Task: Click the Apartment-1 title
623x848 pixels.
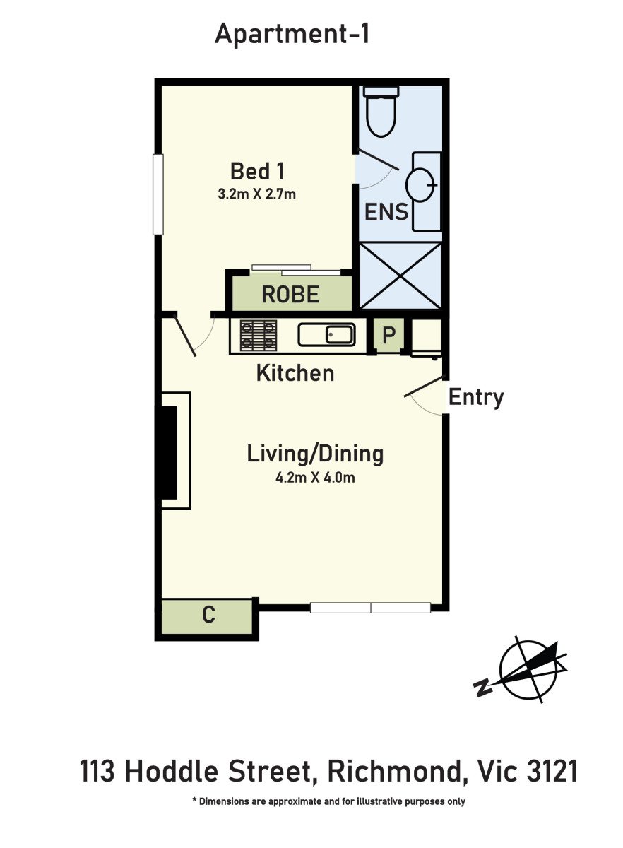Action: pos(292,34)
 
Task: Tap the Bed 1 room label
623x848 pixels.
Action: pos(257,171)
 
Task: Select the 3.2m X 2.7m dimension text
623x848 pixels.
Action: pos(256,194)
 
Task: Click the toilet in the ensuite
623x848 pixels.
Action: pos(381,111)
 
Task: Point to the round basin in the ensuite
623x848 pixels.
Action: pos(421,184)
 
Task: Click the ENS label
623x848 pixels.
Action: pos(386,211)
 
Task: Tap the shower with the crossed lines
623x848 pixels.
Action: pos(400,276)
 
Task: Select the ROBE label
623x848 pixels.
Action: pos(290,295)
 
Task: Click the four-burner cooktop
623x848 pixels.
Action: pos(259,336)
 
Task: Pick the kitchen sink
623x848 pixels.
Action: pos(326,335)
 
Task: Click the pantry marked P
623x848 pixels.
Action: pos(388,335)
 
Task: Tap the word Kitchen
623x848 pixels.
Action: pos(295,373)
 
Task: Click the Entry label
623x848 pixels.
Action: pos(476,397)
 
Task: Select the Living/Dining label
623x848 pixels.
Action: pos(315,454)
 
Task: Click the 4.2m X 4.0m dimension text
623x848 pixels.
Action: pos(315,478)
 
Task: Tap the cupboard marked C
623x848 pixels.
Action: pos(207,616)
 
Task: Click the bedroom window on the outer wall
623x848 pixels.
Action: pos(158,194)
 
